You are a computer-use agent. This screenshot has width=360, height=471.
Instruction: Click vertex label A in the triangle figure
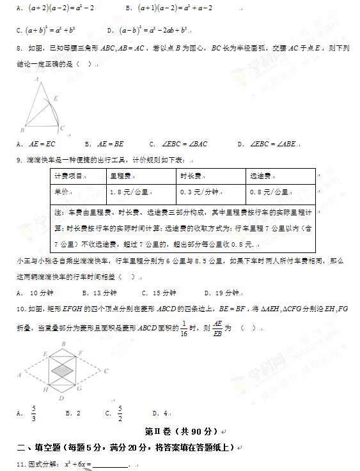(36, 79)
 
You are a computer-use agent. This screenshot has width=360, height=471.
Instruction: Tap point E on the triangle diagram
(55, 98)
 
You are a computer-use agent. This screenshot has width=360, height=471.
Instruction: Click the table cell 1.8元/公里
(129, 192)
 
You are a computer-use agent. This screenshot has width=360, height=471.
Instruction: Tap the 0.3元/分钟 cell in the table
(199, 192)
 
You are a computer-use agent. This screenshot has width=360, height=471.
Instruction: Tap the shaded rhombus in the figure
(62, 370)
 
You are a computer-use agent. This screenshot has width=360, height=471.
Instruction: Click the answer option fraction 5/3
(35, 413)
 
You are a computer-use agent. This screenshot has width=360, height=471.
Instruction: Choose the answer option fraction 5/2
(120, 413)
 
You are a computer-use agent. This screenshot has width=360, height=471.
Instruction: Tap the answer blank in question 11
(110, 464)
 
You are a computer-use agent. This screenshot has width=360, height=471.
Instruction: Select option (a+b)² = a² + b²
(51, 29)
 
